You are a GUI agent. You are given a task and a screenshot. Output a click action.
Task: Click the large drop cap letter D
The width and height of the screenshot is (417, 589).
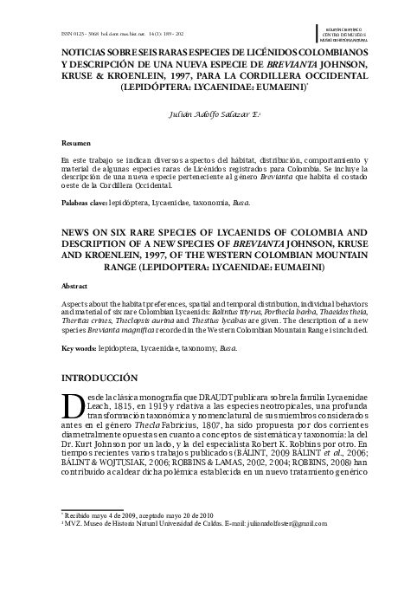tap(74, 405)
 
